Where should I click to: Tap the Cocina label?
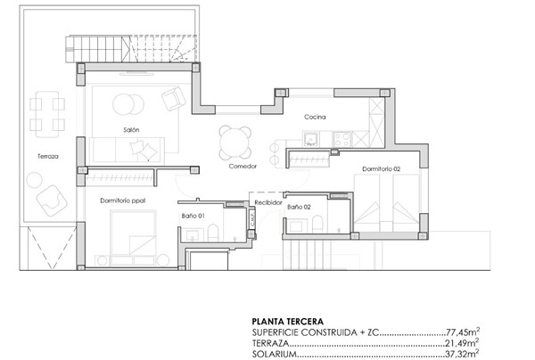pyautogui.click(x=315, y=118)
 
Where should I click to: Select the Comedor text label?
pyautogui.click(x=242, y=167)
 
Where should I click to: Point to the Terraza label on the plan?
pyautogui.click(x=48, y=156)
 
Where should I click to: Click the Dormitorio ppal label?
pyautogui.click(x=123, y=200)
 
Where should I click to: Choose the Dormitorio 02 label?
pyautogui.click(x=382, y=168)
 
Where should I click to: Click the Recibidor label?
pyautogui.click(x=268, y=203)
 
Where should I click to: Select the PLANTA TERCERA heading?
pyautogui.click(x=288, y=321)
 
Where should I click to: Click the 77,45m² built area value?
pyautogui.click(x=462, y=331)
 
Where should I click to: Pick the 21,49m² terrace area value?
pyautogui.click(x=462, y=342)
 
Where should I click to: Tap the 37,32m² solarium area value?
pyautogui.click(x=462, y=353)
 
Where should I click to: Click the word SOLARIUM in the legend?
pyautogui.click(x=275, y=353)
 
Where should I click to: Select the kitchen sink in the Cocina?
pyautogui.click(x=311, y=138)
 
